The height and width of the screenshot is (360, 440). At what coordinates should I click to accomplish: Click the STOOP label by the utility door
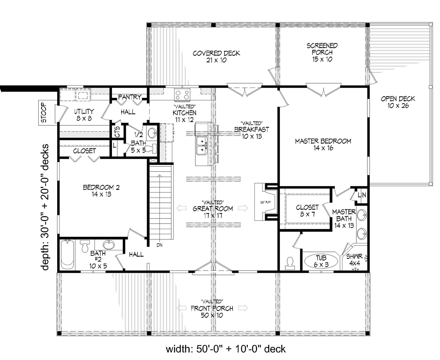click(44, 113)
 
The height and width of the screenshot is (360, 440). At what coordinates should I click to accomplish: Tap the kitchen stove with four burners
click(182, 94)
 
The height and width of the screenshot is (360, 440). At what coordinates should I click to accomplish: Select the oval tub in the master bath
click(321, 261)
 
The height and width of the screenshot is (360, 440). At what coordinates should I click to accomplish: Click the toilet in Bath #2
click(85, 246)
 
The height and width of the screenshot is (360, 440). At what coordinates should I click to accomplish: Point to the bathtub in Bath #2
click(67, 255)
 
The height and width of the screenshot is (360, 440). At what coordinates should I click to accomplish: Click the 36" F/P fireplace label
click(265, 202)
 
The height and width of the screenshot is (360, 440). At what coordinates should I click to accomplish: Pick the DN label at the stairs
click(159, 245)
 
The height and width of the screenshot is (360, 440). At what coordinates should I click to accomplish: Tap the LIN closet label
click(362, 195)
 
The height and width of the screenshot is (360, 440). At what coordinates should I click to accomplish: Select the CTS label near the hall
click(117, 132)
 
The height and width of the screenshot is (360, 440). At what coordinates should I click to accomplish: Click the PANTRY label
click(130, 97)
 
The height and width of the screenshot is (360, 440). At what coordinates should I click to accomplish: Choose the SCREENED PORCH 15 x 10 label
click(322, 52)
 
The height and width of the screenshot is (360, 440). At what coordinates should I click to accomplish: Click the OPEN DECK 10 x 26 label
click(398, 102)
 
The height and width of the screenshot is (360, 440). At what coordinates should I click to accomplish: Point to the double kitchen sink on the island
click(202, 145)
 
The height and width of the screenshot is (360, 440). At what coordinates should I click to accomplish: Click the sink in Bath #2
click(109, 245)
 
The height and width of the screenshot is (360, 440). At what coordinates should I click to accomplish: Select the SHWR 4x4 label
click(354, 260)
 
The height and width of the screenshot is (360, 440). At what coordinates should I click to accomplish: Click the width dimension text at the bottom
click(225, 349)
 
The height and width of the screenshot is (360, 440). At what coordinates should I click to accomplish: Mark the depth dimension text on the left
click(45, 207)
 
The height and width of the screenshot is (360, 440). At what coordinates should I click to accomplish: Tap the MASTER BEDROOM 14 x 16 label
click(323, 144)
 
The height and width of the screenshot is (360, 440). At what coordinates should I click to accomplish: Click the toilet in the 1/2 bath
click(151, 148)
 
